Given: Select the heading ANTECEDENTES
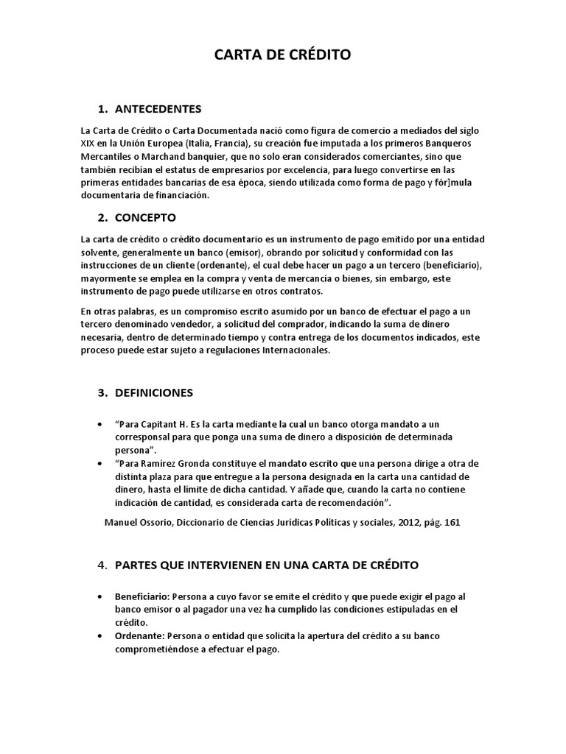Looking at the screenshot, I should pos(158,109).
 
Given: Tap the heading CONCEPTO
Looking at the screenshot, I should pos(145,218).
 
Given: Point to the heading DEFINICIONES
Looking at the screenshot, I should pos(154,392).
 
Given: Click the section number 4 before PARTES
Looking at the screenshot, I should pos(102,565).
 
